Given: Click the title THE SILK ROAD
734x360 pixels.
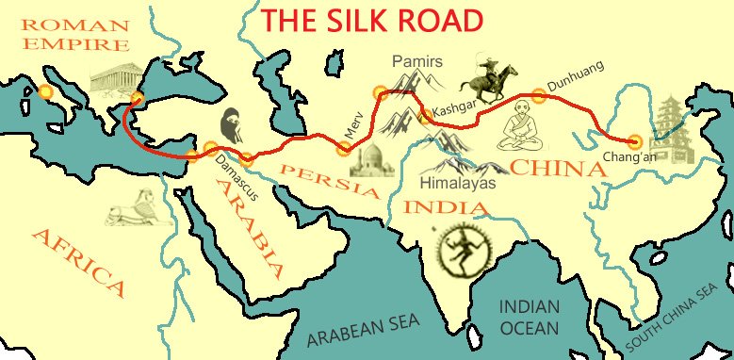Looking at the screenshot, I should tap(372, 20).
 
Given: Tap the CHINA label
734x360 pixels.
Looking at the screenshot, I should tap(557, 169).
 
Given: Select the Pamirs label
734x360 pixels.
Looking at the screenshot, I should tap(416, 62).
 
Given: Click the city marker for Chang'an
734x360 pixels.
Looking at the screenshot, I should tap(634, 141).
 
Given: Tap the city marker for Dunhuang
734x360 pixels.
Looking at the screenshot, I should tap(538, 94).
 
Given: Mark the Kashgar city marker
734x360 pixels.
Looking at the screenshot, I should tap(425, 116).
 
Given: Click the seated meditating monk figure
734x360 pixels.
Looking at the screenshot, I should tap(518, 131).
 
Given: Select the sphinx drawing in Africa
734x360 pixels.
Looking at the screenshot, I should tap(135, 208).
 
